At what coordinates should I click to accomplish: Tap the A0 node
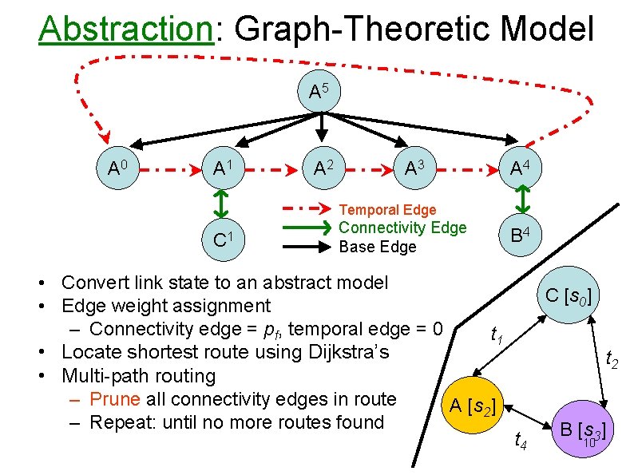(x=120, y=168)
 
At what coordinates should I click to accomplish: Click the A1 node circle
(x=222, y=168)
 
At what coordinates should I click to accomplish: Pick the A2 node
(x=323, y=168)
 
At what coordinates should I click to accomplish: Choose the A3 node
(x=418, y=168)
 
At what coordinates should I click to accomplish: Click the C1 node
(x=222, y=238)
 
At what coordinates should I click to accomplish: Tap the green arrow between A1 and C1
(x=222, y=203)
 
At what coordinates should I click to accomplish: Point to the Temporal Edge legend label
(x=387, y=210)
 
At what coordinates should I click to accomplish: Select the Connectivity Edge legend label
(x=402, y=228)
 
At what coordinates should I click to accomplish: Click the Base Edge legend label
(x=378, y=247)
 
